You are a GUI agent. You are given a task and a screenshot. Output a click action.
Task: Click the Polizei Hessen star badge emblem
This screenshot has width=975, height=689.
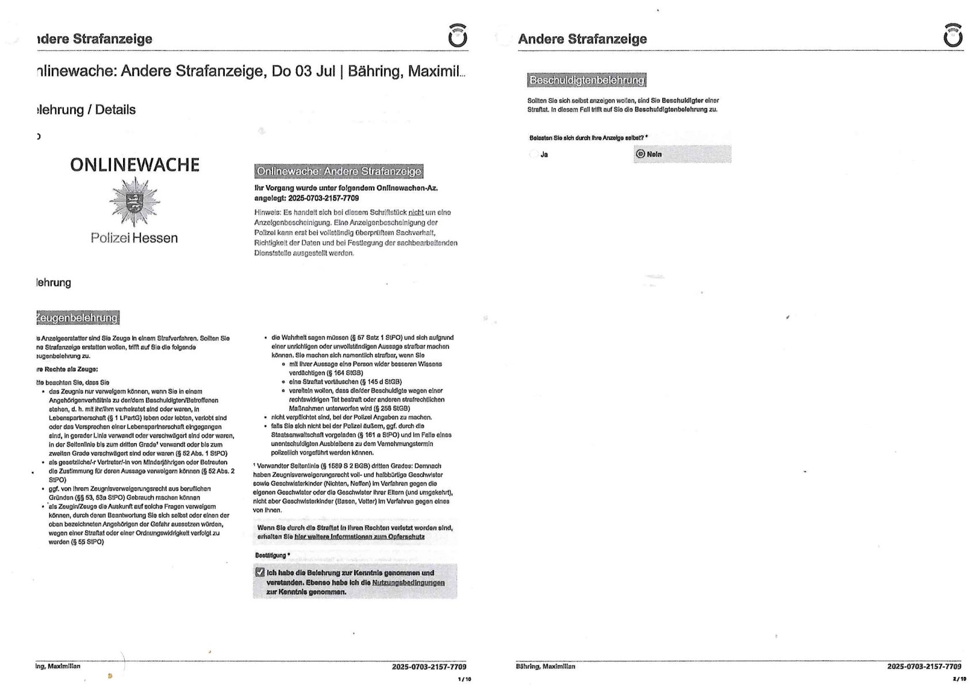click(135, 202)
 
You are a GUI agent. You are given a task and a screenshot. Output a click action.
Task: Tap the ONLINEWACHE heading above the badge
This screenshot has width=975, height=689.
click(135, 165)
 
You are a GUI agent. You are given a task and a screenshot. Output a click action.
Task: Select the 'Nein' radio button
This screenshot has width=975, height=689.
click(640, 154)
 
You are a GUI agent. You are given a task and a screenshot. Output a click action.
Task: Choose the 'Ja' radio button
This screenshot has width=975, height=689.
click(533, 154)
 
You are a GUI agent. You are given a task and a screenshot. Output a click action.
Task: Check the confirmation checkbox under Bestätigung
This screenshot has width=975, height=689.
click(260, 572)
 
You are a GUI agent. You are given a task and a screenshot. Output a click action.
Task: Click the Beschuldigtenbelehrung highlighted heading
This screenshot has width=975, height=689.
click(586, 80)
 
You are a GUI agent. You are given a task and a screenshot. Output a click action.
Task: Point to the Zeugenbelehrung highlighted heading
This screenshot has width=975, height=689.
click(77, 318)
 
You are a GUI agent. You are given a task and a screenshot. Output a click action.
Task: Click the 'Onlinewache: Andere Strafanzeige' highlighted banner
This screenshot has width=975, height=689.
click(339, 171)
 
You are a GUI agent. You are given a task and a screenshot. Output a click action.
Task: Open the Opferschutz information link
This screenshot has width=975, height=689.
click(359, 537)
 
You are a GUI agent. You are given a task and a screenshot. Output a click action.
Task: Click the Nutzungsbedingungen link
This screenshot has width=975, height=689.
click(408, 583)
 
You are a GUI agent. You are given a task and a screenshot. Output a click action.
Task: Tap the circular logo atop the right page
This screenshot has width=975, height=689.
click(953, 36)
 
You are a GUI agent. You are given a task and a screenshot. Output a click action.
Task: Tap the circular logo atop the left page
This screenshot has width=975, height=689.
click(457, 36)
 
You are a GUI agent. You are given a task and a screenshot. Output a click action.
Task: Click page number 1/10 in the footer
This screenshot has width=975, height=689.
click(464, 679)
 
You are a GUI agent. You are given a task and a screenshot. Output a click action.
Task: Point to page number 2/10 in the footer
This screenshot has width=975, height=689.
click(959, 679)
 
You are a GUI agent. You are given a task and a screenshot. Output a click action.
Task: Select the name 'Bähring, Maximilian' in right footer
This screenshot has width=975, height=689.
click(546, 667)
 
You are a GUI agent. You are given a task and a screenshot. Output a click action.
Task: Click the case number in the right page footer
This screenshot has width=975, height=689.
click(924, 667)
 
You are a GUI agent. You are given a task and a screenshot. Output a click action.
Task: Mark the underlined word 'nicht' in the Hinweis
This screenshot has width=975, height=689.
click(416, 213)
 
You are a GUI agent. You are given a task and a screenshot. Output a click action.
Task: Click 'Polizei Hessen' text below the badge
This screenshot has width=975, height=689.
click(135, 238)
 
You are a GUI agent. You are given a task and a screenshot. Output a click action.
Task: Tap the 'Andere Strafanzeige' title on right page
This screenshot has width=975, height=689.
click(582, 39)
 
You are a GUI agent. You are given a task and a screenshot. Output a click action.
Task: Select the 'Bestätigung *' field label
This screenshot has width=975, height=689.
click(272, 555)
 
